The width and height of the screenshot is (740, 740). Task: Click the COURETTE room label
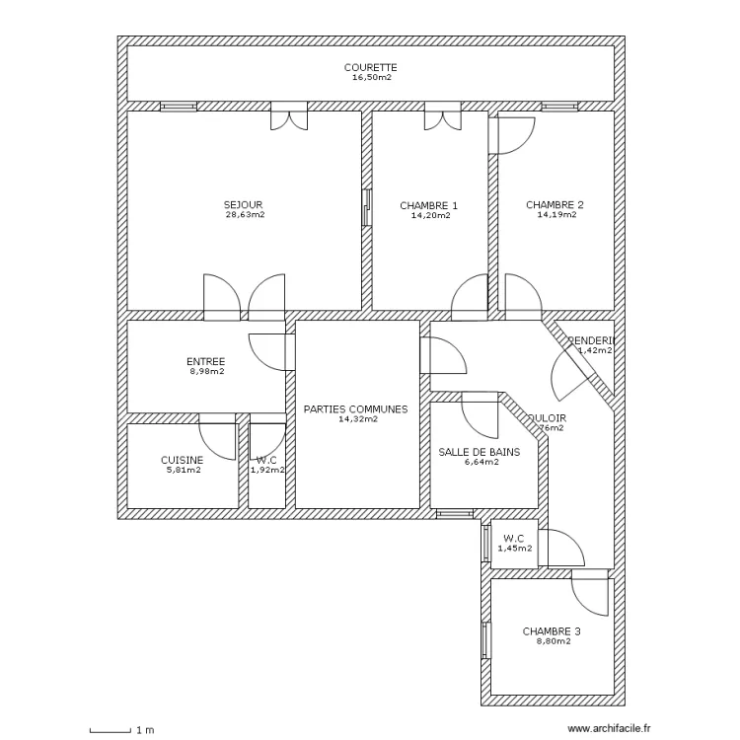(370, 67)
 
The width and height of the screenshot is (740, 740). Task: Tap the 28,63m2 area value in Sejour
(244, 214)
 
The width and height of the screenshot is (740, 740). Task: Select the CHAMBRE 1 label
(429, 205)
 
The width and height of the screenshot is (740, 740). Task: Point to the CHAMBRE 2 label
(555, 205)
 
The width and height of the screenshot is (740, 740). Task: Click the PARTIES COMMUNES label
(355, 408)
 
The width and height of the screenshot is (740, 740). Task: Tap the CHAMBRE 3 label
(552, 631)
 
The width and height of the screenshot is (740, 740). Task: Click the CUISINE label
(183, 460)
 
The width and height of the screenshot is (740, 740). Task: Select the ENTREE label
(206, 361)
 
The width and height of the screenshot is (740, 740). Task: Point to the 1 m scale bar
(111, 730)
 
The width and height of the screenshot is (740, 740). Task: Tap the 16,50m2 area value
(372, 77)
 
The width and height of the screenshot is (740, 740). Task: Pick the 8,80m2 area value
(552, 641)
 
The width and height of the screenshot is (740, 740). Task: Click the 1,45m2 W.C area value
(513, 548)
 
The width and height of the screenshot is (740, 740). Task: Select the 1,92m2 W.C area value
(267, 470)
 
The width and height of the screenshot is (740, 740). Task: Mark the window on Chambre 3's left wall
(485, 640)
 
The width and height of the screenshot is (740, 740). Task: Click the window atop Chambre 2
(558, 105)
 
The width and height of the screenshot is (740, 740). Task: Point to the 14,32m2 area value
(357, 418)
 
